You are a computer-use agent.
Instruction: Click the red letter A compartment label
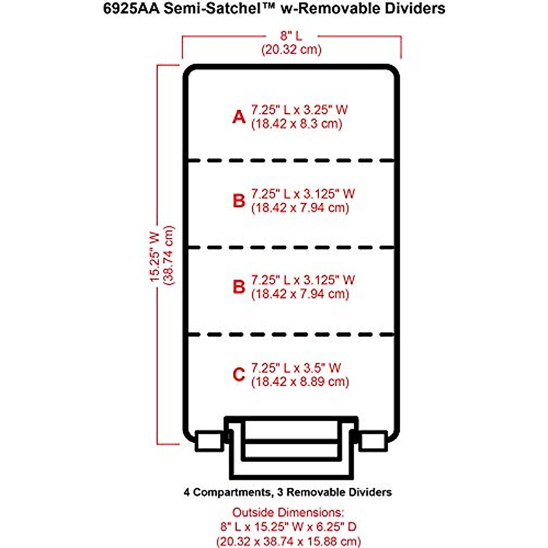pos(239,117)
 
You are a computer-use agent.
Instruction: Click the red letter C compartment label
pos(239,375)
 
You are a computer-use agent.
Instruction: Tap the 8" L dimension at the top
pos(291,36)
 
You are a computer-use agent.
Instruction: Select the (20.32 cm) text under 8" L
pos(291,49)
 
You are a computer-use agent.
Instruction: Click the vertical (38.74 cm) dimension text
pos(169,255)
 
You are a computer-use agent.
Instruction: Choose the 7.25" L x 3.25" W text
pos(299,110)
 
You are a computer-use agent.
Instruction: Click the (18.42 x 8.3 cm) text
pos(296,124)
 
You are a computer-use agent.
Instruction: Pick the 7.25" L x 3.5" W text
pos(296,368)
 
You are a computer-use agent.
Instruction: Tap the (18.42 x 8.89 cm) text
pos(300,381)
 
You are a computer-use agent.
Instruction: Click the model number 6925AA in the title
pos(130,9)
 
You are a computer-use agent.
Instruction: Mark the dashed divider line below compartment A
pos(291,160)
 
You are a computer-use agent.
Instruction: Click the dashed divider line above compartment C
pos(291,335)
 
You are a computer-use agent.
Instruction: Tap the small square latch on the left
pos(208,441)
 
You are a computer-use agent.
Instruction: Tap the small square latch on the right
pos(373,441)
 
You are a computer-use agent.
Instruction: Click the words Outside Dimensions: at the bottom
pos(288,512)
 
